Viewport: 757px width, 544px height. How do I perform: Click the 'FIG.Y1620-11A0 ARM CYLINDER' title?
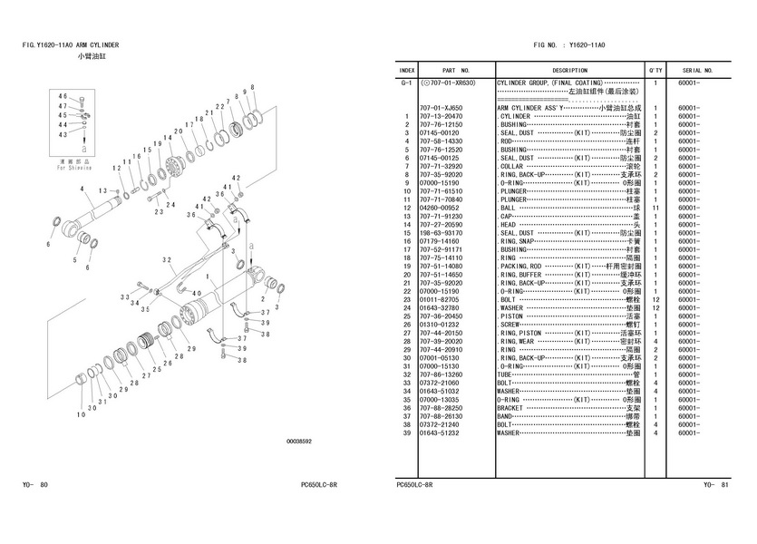coord(71,44)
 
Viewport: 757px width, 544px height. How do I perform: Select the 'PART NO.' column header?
coord(455,70)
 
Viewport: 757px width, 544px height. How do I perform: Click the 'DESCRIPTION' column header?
coord(569,70)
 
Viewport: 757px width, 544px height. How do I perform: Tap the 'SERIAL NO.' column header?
coord(697,70)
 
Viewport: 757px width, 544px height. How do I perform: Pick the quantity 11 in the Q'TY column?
coord(654,208)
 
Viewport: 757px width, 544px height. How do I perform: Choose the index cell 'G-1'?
coord(407,83)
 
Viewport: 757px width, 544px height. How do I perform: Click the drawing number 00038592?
coord(298,442)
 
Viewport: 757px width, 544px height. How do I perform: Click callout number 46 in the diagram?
coord(63,95)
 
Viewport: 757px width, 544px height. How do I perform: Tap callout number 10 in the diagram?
coord(81,414)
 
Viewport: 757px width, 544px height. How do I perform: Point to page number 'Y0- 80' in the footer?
coord(35,485)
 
